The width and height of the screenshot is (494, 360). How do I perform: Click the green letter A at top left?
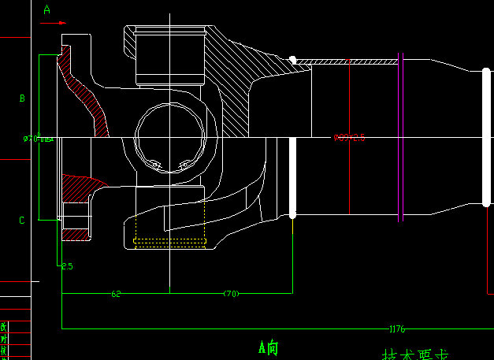pos(46,10)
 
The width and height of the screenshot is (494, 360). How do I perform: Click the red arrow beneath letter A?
pos(53,23)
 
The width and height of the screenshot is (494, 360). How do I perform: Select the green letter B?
pos(22,98)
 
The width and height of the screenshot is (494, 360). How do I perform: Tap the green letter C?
pos(22,221)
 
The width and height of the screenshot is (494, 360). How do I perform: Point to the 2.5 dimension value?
pos(67,266)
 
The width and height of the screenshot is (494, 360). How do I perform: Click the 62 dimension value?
pos(117,294)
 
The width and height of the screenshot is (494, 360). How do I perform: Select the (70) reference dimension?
pos(231,294)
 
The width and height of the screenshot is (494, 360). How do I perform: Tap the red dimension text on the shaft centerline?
pos(349,138)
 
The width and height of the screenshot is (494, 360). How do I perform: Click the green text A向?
pos(268,347)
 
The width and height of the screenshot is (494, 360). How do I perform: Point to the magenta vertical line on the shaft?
pos(349,98)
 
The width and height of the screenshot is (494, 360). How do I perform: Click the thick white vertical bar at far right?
pos(486,138)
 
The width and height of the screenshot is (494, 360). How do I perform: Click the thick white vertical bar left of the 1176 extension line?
pos(293,177)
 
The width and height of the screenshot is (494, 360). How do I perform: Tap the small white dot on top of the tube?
pos(292,59)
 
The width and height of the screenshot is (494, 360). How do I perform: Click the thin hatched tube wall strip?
pos(347,61)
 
